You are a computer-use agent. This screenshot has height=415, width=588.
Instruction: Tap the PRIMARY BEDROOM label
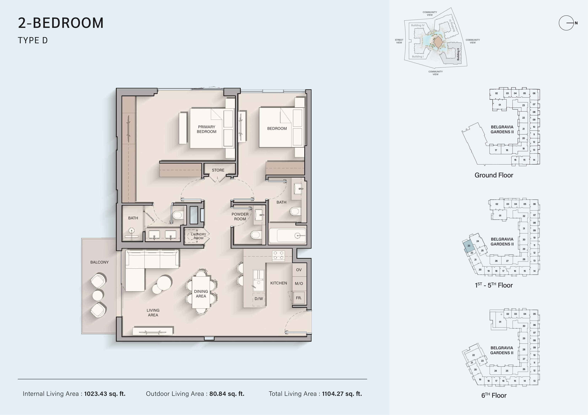coord(206,129)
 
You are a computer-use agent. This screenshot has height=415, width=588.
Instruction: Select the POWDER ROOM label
coord(240,217)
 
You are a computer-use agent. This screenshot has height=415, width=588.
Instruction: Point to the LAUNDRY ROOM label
coord(199,236)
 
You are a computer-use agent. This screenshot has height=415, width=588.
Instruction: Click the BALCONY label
coord(99,262)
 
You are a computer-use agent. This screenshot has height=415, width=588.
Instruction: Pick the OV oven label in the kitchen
coord(299,270)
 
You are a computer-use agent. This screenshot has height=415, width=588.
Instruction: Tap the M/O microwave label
coord(299,284)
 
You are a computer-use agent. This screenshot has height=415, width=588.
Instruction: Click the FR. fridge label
coord(299,298)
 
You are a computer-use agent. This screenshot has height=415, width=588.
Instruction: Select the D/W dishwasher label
coord(259,299)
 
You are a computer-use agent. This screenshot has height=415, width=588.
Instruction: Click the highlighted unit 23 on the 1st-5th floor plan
coord(469,246)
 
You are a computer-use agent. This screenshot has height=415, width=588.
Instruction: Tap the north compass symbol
coord(566,23)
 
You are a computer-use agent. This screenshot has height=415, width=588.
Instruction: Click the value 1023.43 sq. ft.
coord(105,394)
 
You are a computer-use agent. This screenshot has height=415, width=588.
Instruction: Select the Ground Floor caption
coord(494,175)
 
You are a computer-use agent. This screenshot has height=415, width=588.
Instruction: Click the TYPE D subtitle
coord(33,40)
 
